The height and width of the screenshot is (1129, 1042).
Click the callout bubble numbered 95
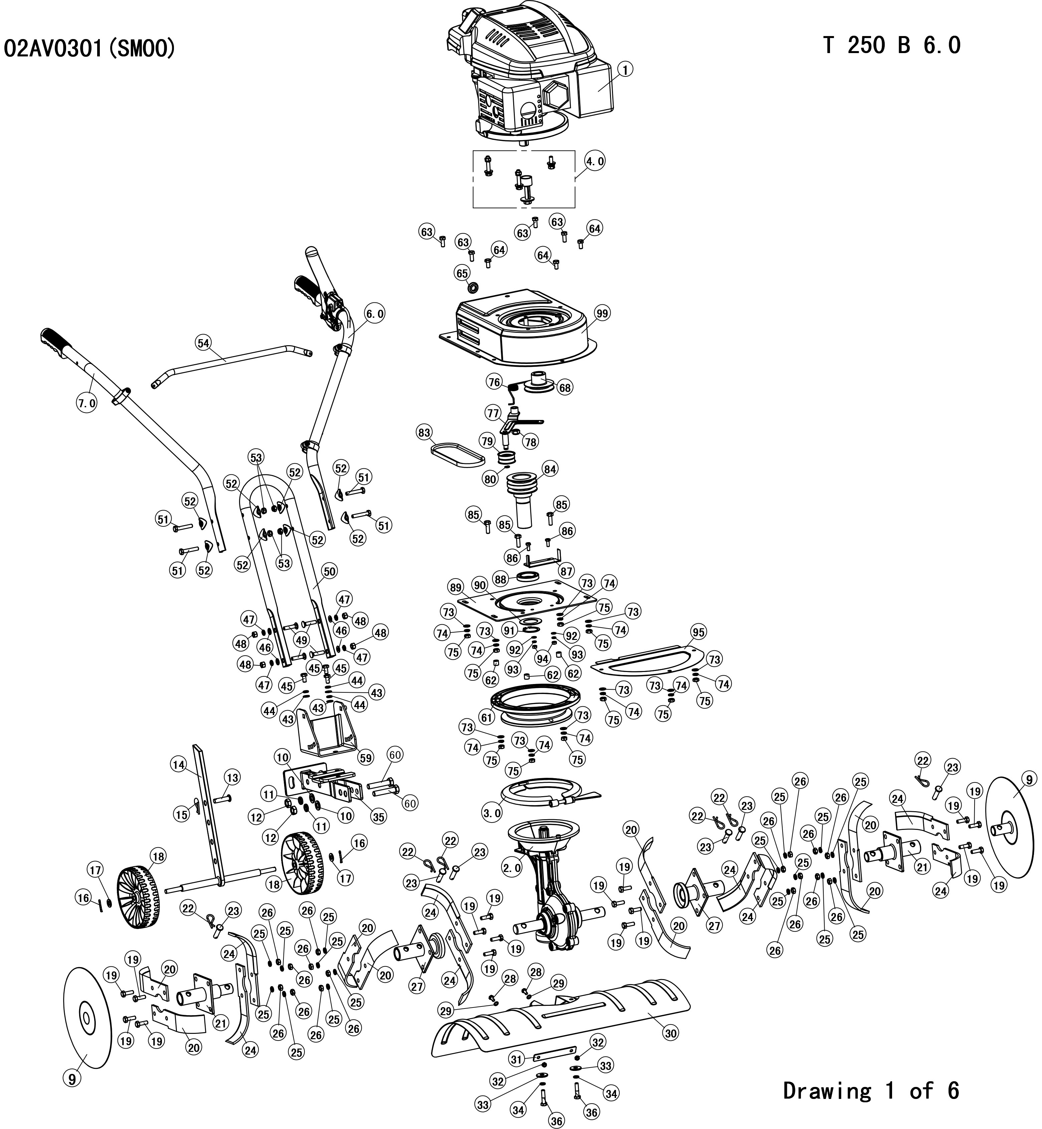698,632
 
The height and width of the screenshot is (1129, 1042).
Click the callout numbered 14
179,764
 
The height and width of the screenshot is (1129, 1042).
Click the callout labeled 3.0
492,813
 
